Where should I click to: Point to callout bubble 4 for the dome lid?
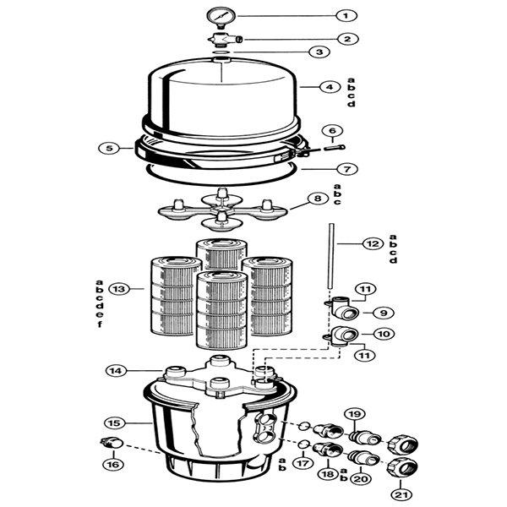click(331, 87)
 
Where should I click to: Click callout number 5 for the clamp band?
click(109, 148)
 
